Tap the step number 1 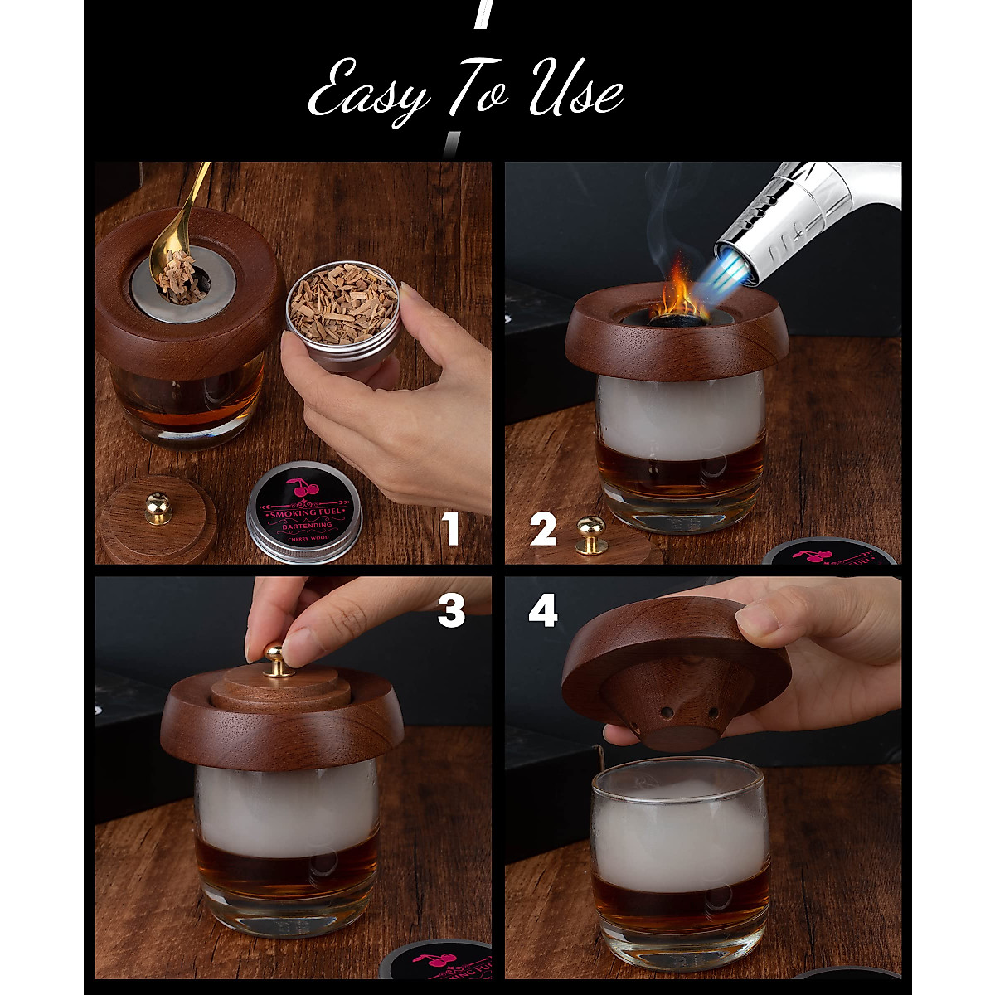click(449, 528)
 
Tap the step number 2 click(543, 530)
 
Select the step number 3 click(451, 611)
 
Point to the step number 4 click(543, 611)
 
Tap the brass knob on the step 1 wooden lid click(158, 507)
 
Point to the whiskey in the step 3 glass click(286, 866)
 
